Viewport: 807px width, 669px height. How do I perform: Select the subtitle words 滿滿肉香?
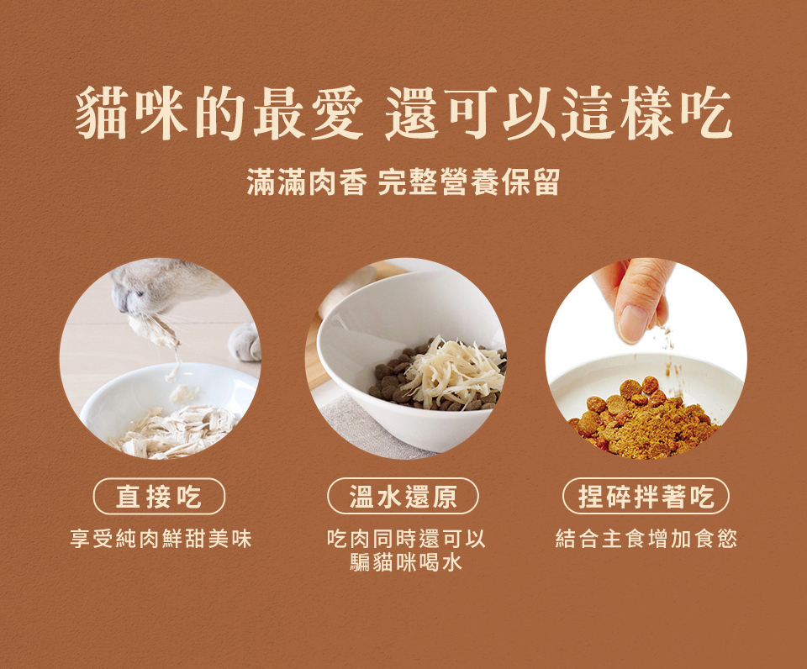tap(306, 182)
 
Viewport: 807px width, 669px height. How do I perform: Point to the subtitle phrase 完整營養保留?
tap(468, 182)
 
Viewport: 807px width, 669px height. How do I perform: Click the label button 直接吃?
tap(159, 497)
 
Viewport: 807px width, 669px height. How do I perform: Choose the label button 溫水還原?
tap(403, 497)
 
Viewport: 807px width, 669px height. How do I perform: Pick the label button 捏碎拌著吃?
tap(646, 497)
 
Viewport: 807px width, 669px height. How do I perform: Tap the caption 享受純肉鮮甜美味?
tap(161, 539)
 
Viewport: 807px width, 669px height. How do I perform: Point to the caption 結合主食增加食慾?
tap(646, 539)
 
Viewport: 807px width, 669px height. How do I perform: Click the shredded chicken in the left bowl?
tap(172, 429)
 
